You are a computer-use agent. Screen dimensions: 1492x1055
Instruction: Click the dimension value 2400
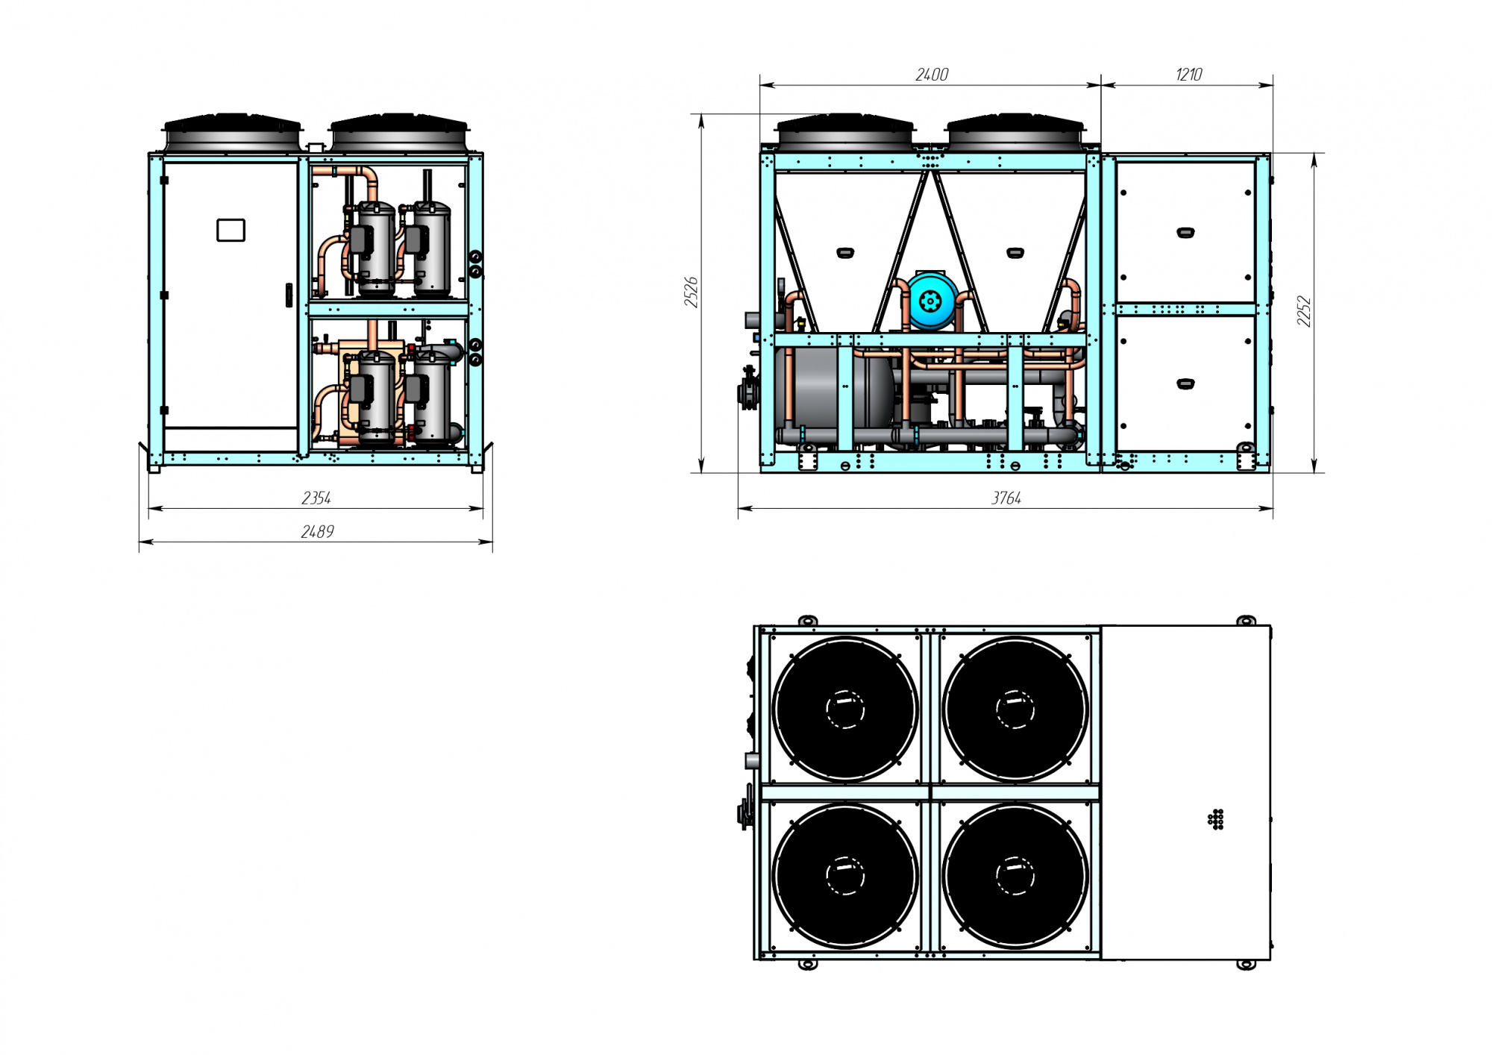(x=932, y=75)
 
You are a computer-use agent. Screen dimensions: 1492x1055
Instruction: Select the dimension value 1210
(x=1188, y=75)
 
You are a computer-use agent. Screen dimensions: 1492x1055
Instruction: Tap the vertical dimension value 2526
(x=692, y=292)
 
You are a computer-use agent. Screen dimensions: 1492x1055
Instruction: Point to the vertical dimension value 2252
(x=1303, y=311)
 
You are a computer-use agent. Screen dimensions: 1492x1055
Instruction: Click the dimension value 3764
(x=1006, y=498)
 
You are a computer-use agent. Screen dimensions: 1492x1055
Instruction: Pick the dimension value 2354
(x=316, y=498)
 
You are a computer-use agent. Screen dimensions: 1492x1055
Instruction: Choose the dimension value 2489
(x=317, y=532)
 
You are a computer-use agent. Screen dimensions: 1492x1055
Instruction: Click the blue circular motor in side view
(x=932, y=301)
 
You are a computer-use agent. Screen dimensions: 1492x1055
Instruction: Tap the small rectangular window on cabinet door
(x=231, y=230)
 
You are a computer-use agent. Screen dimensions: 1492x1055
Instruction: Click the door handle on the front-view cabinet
(x=289, y=295)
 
